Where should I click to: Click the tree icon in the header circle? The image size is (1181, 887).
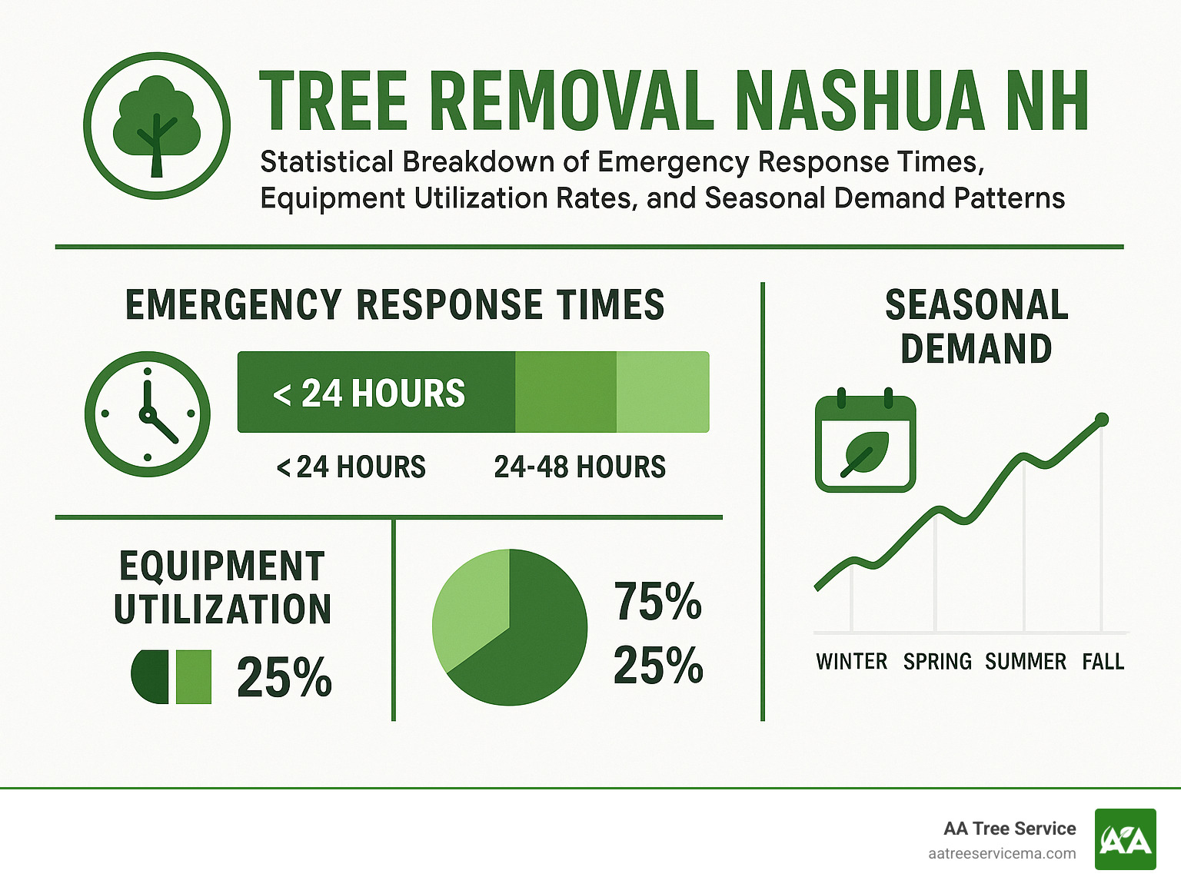click(157, 125)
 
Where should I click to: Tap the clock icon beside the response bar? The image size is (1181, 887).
click(148, 414)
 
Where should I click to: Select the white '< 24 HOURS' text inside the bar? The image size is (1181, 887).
click(369, 394)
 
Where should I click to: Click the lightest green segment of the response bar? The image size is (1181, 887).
click(663, 392)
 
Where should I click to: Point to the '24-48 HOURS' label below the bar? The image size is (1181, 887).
click(580, 467)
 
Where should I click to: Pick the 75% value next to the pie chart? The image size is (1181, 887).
click(657, 601)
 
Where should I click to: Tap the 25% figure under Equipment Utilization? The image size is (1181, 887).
click(284, 678)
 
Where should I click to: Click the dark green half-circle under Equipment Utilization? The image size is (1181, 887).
click(151, 676)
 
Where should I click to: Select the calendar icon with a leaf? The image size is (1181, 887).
click(865, 443)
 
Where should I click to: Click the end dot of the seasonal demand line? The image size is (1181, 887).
click(1101, 420)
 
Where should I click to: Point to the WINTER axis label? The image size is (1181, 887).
click(851, 662)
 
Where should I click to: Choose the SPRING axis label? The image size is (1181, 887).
click(937, 662)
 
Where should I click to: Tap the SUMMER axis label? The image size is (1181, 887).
click(1026, 662)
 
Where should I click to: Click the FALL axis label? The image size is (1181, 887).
click(1103, 662)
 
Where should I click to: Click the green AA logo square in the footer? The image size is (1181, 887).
click(1125, 839)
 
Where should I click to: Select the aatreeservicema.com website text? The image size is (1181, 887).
click(1002, 854)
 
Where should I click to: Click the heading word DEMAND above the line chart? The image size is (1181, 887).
click(976, 349)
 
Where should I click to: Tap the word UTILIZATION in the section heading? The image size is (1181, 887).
click(223, 610)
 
